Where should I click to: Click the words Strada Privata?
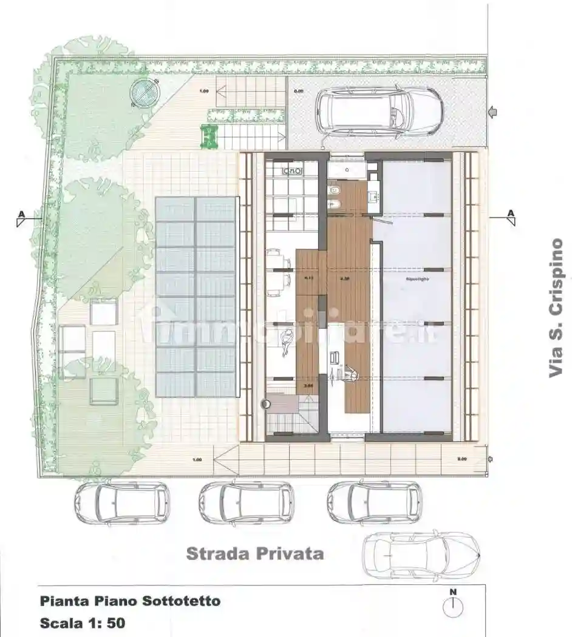tap(254, 553)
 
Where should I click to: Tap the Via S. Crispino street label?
tap(556, 308)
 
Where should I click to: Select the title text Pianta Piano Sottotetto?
tap(130, 601)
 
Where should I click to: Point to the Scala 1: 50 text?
tap(83, 622)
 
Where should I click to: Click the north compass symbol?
tap(452, 606)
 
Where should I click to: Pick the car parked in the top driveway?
tap(379, 112)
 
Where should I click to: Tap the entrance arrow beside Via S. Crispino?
tap(493, 112)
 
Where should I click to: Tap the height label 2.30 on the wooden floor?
tap(345, 279)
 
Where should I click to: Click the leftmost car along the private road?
tap(121, 503)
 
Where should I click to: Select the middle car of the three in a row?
tap(247, 503)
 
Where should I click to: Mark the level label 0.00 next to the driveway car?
tap(299, 91)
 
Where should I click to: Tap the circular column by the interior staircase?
tap(265, 403)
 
